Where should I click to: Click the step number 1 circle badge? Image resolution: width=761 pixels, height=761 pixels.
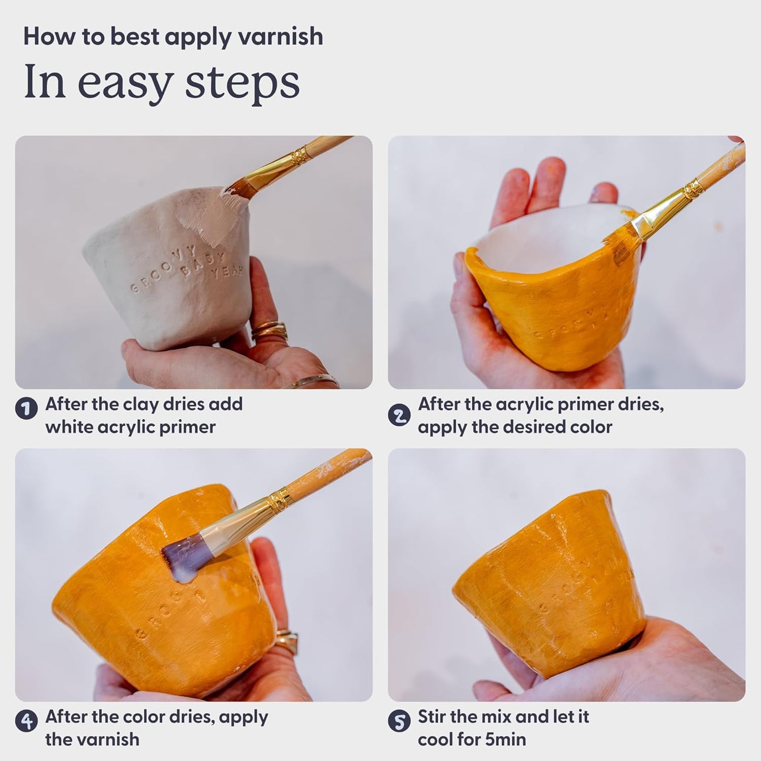coord(26,409)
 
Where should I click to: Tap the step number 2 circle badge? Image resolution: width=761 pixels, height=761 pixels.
coord(399,415)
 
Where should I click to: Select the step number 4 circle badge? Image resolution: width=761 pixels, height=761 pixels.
coord(26,722)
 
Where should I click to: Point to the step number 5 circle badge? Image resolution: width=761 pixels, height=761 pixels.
coord(399,722)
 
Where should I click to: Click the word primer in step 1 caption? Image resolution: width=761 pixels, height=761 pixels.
coord(187,427)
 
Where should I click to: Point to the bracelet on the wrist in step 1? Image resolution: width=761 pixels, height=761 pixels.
coord(311,380)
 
